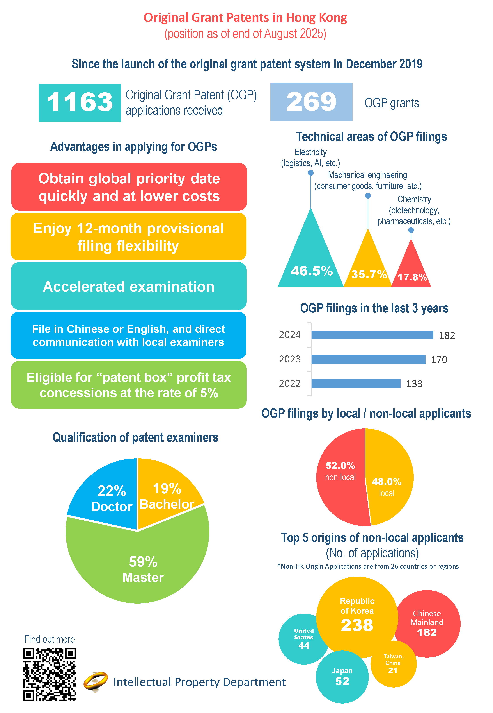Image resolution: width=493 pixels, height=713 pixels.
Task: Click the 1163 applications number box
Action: coord(80,102)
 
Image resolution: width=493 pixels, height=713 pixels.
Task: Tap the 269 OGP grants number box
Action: coord(311,102)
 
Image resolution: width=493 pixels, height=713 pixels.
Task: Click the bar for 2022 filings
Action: coord(356,383)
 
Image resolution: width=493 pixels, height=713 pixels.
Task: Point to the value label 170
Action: coord(439,360)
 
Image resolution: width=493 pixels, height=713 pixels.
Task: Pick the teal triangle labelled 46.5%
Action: coord(311,260)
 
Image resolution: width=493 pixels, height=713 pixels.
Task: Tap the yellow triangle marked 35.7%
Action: coord(368,266)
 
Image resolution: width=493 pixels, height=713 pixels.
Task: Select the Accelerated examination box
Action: coord(128,286)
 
